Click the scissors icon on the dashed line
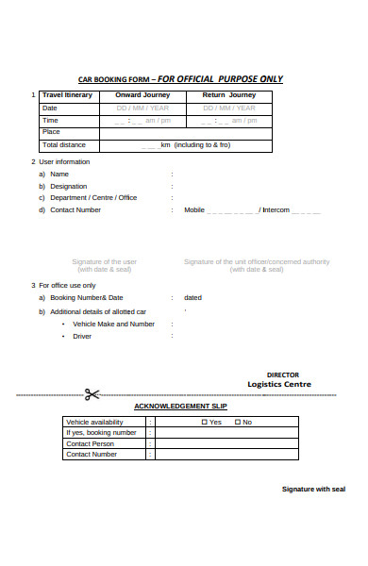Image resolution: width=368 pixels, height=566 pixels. [92, 395]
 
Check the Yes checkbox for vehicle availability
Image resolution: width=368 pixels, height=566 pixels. [205, 422]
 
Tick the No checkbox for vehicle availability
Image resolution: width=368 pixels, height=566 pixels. [237, 422]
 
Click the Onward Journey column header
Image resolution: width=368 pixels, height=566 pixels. [142, 95]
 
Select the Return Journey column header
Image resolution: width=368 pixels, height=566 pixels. [228, 95]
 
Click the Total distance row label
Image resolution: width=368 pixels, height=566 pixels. [64, 144]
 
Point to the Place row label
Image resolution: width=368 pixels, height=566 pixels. [51, 132]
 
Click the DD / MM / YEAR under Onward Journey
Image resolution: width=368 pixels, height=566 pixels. [142, 108]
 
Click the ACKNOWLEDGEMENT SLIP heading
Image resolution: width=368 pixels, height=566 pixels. [180, 406]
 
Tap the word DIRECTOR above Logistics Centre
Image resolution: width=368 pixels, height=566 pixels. [282, 375]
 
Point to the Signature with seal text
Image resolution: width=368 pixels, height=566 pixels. [314, 489]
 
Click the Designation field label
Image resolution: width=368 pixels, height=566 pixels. [68, 186]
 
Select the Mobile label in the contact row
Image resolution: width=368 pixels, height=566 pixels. [194, 209]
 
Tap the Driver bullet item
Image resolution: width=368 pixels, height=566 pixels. [82, 336]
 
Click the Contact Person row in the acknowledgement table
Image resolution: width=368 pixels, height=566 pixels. [90, 443]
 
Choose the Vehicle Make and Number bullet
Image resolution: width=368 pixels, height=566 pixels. [113, 324]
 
